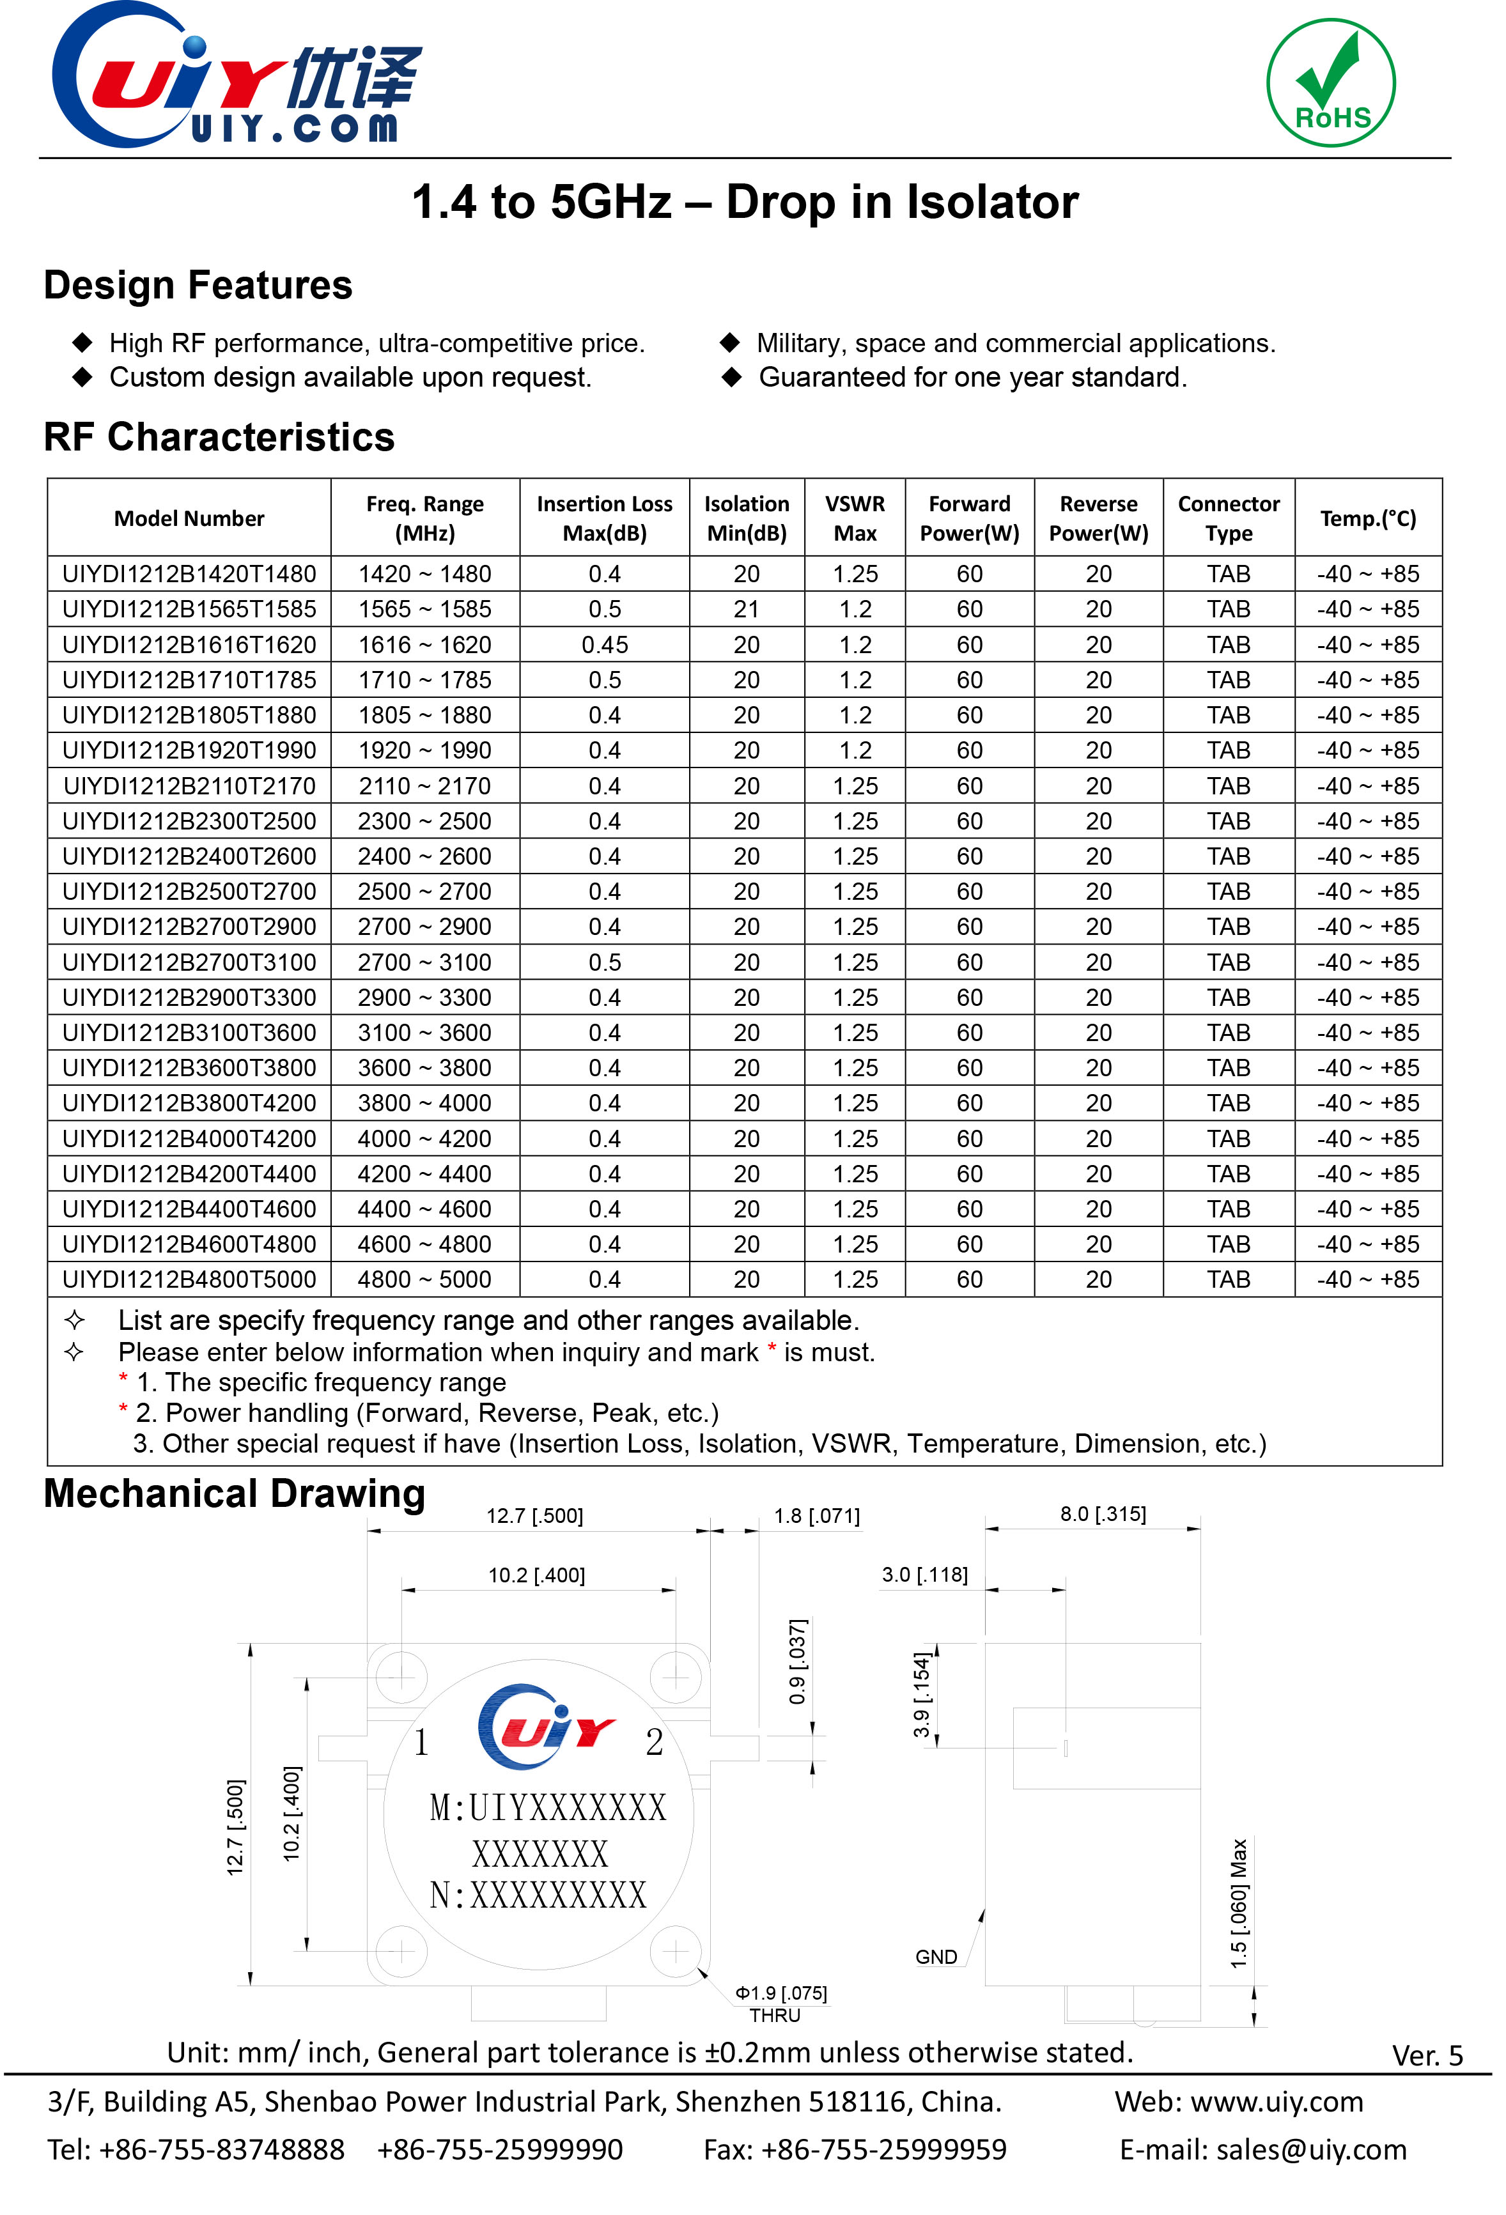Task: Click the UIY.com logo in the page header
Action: (237, 76)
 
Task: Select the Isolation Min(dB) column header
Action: (747, 518)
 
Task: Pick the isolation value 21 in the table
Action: (747, 609)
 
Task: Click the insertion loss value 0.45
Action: (604, 645)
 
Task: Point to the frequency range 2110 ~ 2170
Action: (424, 786)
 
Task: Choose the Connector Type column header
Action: (1228, 518)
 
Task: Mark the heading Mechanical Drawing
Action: (235, 1493)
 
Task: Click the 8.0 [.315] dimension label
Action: (1103, 1513)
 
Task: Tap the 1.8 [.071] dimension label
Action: (816, 1515)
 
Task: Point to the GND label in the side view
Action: (935, 1957)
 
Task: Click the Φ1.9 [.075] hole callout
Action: (780, 1993)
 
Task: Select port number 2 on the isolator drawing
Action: (654, 1742)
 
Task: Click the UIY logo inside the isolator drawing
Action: (546, 1727)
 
